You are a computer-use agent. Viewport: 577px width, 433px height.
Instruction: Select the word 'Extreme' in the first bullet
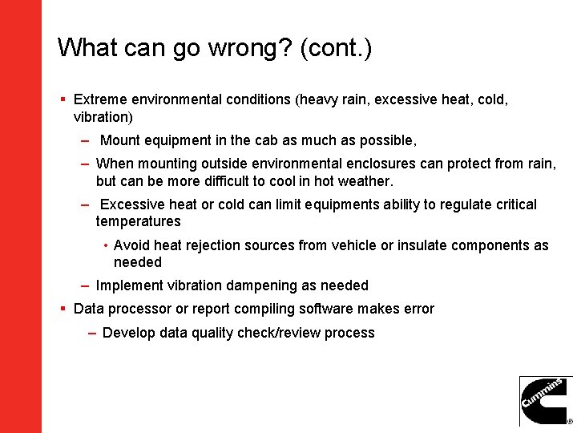click(x=99, y=99)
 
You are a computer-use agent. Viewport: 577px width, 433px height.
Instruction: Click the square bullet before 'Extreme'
click(x=63, y=99)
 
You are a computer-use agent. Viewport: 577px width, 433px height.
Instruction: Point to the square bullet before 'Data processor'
click(x=63, y=309)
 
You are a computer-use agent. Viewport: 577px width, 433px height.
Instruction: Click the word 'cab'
click(x=266, y=140)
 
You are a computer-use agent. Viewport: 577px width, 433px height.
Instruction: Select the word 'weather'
click(x=365, y=180)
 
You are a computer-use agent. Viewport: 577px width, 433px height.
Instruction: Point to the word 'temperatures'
click(x=138, y=221)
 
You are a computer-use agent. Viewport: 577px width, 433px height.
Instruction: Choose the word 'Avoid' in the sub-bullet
click(x=131, y=245)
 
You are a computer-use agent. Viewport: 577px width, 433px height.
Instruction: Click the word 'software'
click(x=327, y=309)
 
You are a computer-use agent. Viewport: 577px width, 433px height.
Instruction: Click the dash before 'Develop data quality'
click(x=93, y=333)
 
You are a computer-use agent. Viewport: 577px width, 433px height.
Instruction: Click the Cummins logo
click(x=546, y=401)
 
